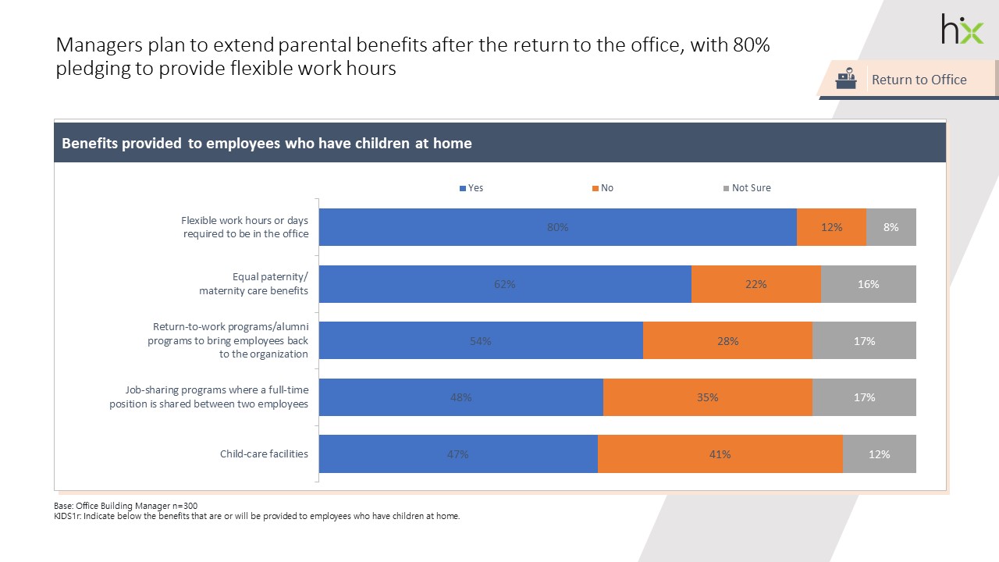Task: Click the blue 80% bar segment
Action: (x=558, y=227)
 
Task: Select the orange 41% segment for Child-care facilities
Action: (x=720, y=454)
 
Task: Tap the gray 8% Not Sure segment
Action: (x=891, y=227)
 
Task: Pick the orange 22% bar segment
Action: (x=755, y=284)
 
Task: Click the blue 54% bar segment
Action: (x=481, y=341)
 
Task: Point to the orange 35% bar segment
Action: (x=707, y=397)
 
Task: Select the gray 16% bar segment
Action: (x=868, y=284)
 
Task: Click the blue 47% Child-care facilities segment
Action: (x=458, y=454)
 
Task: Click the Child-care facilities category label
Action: (x=264, y=454)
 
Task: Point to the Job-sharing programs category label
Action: (x=216, y=397)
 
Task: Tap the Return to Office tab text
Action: (x=919, y=80)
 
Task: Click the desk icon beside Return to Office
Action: (x=845, y=79)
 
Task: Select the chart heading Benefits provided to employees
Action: (x=267, y=144)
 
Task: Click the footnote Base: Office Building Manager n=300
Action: (x=126, y=506)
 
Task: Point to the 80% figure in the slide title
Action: (x=751, y=45)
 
